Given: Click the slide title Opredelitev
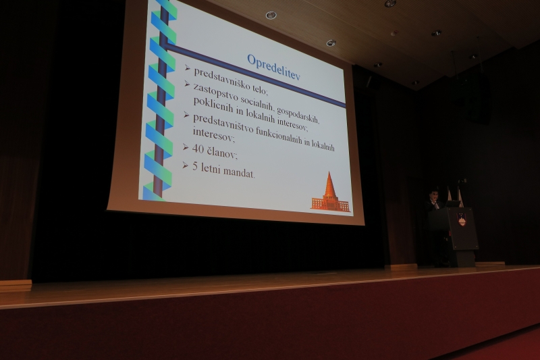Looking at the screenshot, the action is pos(273,67).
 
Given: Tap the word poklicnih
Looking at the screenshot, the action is pos(214,105).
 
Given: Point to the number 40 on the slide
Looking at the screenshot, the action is pos(198,149).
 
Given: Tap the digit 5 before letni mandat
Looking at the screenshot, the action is pos(195,167).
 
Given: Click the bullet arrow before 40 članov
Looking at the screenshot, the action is pos(186,147).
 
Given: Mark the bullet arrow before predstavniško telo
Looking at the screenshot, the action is pos(188,68).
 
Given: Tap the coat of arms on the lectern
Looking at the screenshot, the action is pos(462,219).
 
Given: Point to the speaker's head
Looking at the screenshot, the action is pos(434,195).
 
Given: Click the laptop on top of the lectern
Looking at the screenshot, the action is pos(452,204).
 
